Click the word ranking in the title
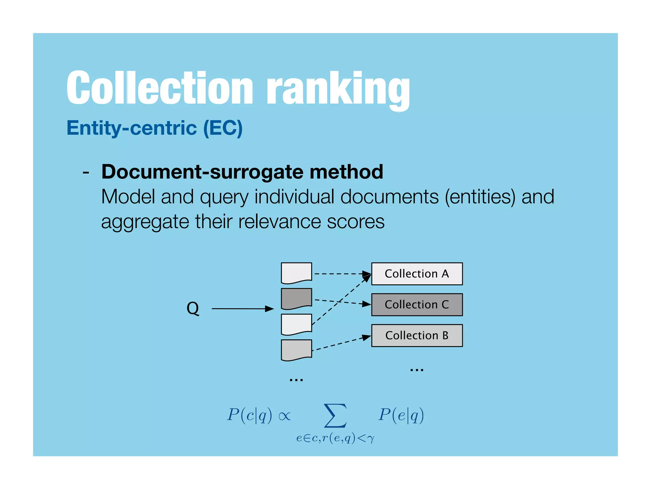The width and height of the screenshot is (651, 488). tap(338, 89)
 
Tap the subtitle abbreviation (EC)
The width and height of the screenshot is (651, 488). tap(223, 128)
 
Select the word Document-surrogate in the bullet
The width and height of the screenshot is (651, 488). tap(202, 172)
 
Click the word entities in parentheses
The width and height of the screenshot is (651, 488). tap(480, 197)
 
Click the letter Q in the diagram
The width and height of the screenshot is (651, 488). tap(193, 308)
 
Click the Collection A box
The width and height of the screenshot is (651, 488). tap(417, 274)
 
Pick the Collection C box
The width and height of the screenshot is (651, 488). tap(417, 304)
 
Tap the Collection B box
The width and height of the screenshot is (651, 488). tap(417, 335)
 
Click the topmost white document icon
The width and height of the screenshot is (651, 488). tap(296, 272)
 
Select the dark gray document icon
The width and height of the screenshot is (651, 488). tap(296, 298)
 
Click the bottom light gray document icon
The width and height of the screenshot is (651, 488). tap(296, 349)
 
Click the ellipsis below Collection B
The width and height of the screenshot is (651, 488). tap(417, 370)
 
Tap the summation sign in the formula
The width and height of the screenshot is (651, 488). tap(335, 416)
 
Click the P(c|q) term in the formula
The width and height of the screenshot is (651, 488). tap(250, 415)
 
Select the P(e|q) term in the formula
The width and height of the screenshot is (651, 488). tap(401, 415)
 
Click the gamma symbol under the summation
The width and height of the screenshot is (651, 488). tap(370, 439)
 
